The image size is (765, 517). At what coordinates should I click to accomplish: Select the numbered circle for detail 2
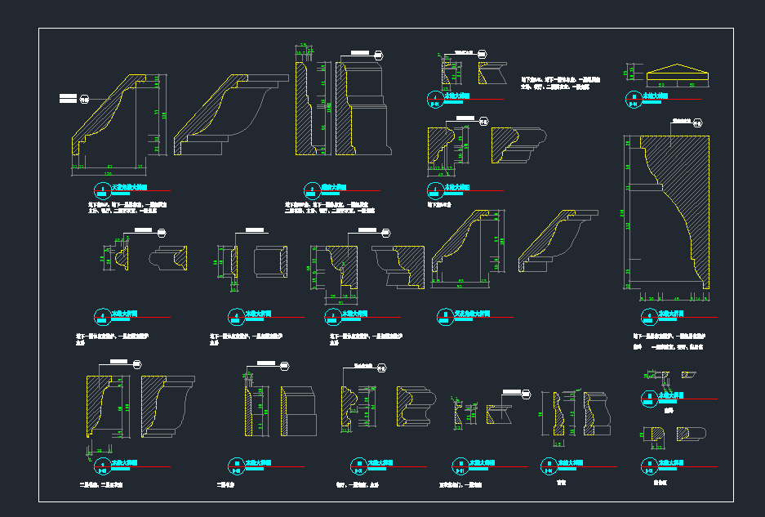(x=308, y=188)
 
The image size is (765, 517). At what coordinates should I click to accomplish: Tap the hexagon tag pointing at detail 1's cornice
(x=84, y=100)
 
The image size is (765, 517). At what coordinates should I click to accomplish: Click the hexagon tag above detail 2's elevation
(x=379, y=56)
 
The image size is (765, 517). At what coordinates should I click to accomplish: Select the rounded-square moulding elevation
(x=270, y=262)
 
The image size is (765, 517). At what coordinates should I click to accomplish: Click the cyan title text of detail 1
(x=127, y=187)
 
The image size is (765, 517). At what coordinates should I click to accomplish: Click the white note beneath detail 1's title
(x=127, y=207)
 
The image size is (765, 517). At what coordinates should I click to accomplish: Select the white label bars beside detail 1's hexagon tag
(x=69, y=99)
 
